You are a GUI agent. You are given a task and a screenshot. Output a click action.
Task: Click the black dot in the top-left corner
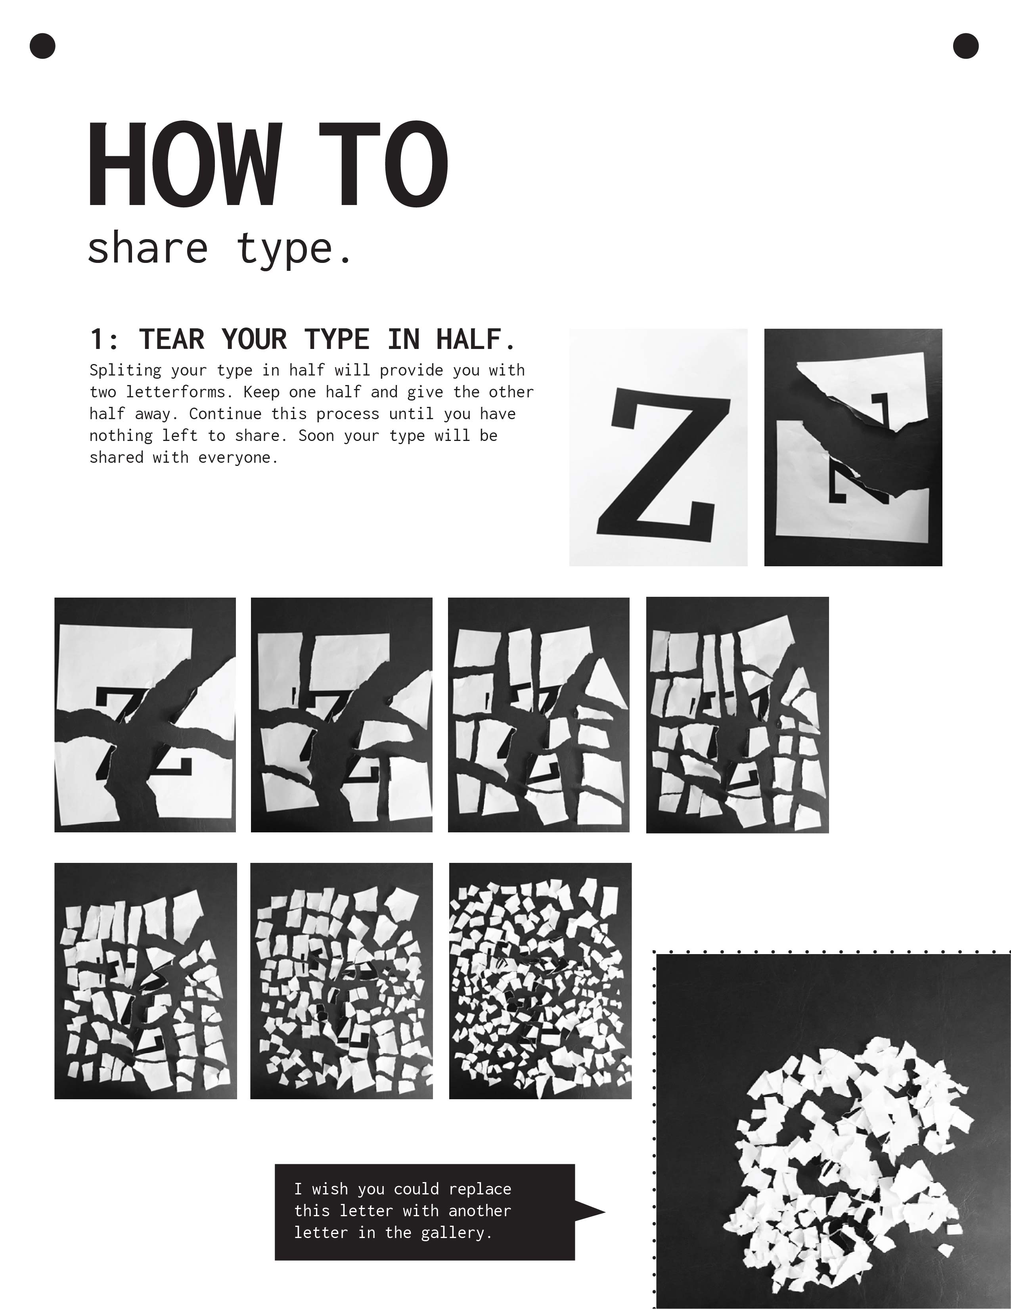[42, 46]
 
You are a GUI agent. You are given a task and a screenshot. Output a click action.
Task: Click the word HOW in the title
[185, 164]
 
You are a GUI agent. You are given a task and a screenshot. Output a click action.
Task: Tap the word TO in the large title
[383, 164]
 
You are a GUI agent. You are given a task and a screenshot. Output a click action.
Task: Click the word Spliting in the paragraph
[125, 370]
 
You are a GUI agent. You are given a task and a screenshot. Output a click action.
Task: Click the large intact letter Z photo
[658, 447]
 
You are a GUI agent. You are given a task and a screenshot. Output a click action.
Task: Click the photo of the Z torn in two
[853, 447]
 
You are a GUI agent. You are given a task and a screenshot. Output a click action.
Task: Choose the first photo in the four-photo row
[145, 715]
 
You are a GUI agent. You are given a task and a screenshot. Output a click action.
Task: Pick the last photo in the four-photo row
[737, 715]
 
